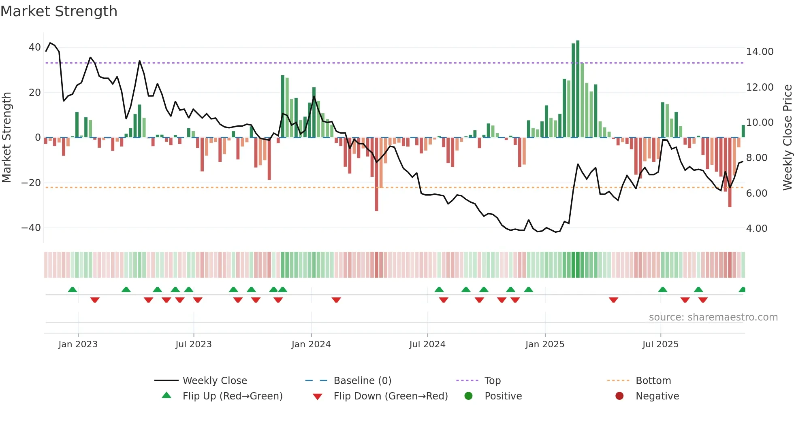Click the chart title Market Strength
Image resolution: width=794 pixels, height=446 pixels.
click(x=59, y=11)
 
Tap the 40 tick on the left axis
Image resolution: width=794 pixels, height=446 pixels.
click(x=34, y=47)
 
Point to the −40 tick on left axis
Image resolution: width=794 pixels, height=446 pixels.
click(x=31, y=228)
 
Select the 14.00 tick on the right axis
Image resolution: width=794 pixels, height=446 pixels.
click(x=760, y=52)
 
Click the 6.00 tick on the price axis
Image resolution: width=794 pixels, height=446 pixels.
click(x=756, y=193)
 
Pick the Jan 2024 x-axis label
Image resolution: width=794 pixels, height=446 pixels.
click(x=311, y=344)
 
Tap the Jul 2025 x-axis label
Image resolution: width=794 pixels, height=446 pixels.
click(x=660, y=344)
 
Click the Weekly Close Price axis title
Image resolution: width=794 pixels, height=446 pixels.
click(x=787, y=138)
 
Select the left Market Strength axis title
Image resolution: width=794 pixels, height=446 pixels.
click(x=6, y=138)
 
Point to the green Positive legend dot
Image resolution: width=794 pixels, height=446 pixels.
click(x=468, y=396)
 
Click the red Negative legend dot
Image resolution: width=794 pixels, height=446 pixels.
click(x=619, y=396)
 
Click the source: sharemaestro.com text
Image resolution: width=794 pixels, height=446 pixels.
click(x=713, y=317)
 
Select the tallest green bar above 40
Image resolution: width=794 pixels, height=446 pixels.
click(x=578, y=89)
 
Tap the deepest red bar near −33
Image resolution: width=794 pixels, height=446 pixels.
click(x=376, y=174)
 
